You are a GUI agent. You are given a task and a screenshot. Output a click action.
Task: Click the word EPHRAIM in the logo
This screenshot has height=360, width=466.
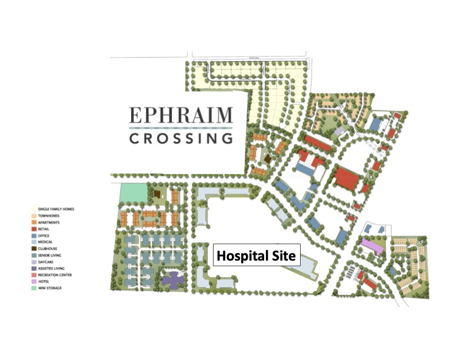[x=181, y=115]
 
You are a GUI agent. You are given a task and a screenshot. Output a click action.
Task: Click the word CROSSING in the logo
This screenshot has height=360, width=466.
[x=181, y=139]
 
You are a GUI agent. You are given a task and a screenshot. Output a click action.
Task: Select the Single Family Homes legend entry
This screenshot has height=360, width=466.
[x=56, y=209]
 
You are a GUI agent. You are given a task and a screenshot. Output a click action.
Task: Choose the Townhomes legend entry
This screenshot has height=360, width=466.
[x=49, y=215]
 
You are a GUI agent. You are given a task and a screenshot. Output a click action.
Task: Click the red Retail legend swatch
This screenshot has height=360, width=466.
[x=33, y=229]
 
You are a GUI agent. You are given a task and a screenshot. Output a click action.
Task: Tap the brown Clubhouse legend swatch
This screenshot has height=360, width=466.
[x=33, y=249]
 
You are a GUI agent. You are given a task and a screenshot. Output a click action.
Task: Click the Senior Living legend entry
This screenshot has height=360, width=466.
[x=51, y=255]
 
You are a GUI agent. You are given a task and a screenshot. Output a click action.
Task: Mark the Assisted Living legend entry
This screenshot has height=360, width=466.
[x=52, y=268]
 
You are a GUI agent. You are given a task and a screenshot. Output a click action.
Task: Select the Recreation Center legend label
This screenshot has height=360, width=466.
[x=55, y=275]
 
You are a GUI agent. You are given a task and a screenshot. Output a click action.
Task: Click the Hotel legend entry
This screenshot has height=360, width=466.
[x=45, y=281]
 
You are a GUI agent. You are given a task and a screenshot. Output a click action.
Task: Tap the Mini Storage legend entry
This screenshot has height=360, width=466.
[x=50, y=288]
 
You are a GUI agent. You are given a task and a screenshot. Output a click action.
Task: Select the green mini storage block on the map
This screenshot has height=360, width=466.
[x=132, y=194]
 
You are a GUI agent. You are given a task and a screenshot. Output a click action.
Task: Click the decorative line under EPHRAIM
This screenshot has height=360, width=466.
[x=181, y=127]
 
